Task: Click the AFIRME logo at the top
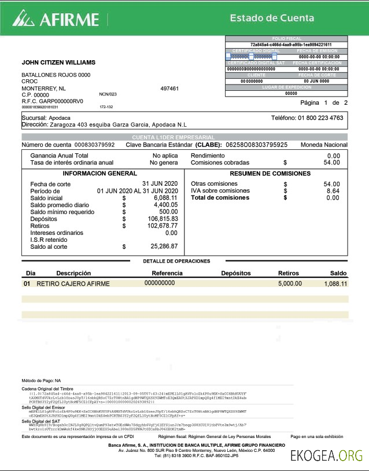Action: (x=56, y=19)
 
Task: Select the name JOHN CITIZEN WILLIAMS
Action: (x=58, y=62)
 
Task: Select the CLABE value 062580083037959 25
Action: (x=256, y=145)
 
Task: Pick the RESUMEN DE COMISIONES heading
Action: (x=270, y=174)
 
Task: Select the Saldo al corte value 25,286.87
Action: (x=164, y=246)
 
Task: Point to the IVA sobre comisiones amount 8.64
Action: (x=333, y=191)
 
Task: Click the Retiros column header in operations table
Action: (x=289, y=273)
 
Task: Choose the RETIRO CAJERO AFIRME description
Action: (x=73, y=284)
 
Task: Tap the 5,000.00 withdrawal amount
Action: (x=290, y=284)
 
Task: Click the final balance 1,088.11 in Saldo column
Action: (x=335, y=284)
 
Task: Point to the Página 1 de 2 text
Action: (x=324, y=102)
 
